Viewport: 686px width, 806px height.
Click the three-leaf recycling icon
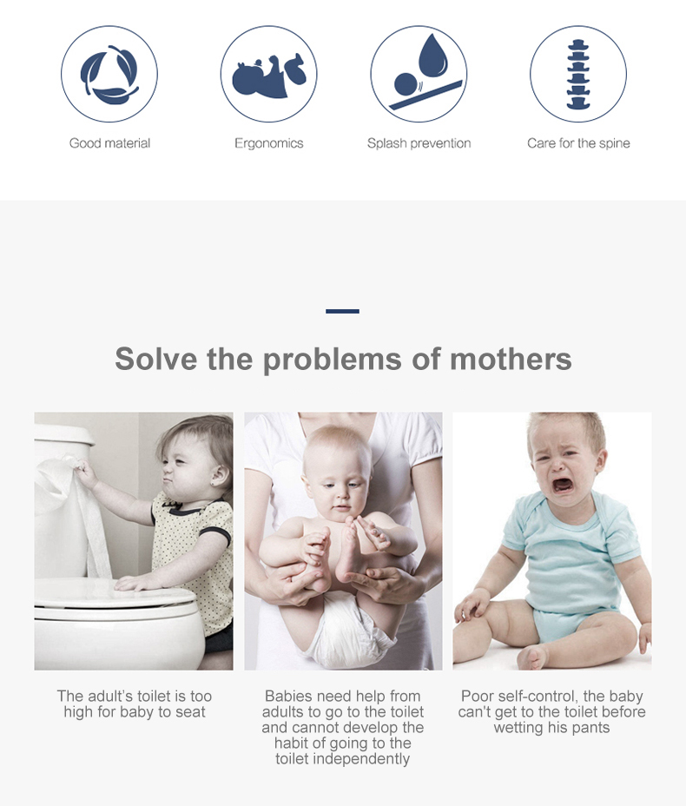[109, 75]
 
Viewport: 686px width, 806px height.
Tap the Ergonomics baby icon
[268, 76]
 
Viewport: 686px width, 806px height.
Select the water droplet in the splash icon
[432, 56]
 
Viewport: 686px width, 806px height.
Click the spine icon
[578, 75]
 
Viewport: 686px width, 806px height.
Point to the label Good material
[109, 143]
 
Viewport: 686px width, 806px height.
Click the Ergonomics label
[268, 143]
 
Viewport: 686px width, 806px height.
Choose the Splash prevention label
[419, 143]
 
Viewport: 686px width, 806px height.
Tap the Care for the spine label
[578, 143]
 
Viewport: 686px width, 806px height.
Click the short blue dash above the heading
[342, 311]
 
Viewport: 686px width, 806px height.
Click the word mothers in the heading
[511, 359]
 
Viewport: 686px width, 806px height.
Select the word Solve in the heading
[155, 359]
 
